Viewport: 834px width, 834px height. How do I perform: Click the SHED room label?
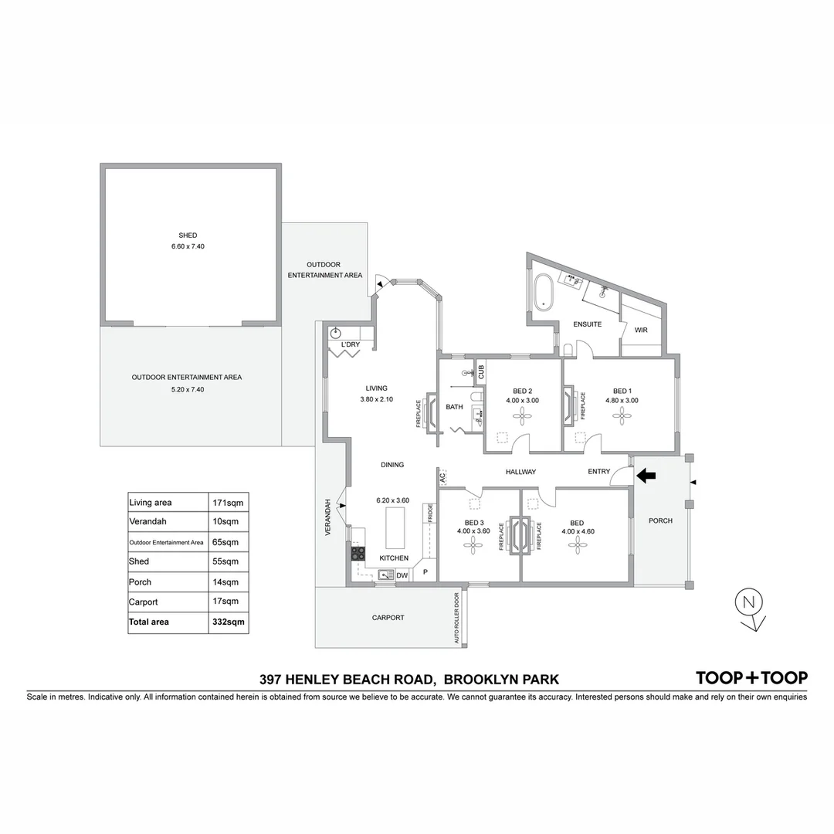click(x=188, y=236)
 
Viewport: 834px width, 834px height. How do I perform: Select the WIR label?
click(x=641, y=331)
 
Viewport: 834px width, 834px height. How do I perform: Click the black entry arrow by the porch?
click(x=645, y=476)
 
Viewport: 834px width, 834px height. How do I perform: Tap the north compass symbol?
click(x=747, y=602)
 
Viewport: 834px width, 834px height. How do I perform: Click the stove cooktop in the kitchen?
click(x=358, y=553)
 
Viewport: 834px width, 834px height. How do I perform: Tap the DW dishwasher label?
click(x=402, y=575)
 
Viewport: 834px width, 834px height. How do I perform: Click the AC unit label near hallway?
click(x=442, y=478)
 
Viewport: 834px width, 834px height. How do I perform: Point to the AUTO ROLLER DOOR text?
click(x=457, y=619)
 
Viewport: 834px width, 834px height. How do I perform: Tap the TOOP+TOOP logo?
click(x=751, y=678)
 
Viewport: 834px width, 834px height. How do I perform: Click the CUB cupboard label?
click(x=480, y=373)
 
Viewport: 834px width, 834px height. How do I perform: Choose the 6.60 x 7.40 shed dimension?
click(x=188, y=246)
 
